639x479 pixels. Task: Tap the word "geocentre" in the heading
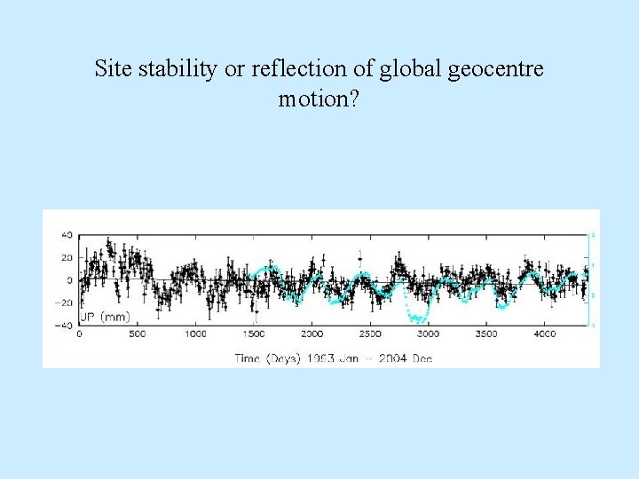500,68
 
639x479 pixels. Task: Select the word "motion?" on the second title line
319,98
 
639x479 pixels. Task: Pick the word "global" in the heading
414,68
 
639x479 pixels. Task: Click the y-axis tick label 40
66,235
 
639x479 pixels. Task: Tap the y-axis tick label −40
64,325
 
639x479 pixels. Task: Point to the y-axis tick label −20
64,302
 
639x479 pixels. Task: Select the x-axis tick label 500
138,334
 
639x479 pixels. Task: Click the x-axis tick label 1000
195,334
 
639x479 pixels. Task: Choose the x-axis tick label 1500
254,334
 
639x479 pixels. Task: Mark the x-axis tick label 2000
312,334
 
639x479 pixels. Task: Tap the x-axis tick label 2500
370,334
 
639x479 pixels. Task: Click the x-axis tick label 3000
429,334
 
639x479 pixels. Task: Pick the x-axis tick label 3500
486,334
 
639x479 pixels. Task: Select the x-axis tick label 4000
545,334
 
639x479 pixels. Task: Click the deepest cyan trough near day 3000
422,320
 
